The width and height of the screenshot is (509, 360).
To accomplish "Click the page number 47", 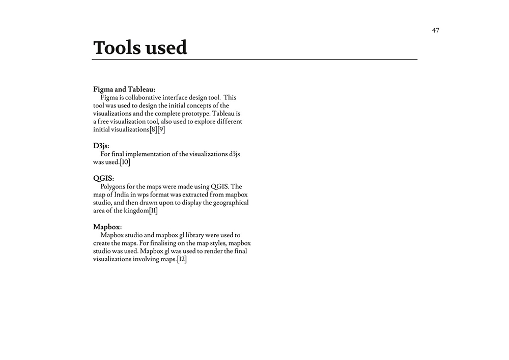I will click(436, 30).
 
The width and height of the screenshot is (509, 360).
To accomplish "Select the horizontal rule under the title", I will click(254, 60).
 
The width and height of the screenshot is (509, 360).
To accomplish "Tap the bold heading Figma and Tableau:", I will click(124, 90).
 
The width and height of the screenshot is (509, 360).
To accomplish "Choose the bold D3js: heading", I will click(101, 146).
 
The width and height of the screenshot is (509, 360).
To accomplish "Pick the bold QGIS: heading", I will click(103, 178).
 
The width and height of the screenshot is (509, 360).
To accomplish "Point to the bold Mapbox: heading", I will click(107, 227).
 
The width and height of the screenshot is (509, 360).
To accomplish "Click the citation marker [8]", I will click(153, 130).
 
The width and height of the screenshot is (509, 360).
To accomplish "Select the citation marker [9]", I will click(161, 130).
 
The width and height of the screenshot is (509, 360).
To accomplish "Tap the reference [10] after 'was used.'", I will click(125, 162).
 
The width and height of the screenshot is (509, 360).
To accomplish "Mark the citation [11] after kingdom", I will click(153, 211).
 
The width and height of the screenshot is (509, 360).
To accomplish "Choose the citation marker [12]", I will click(182, 260).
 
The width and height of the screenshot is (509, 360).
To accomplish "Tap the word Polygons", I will click(115, 186).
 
